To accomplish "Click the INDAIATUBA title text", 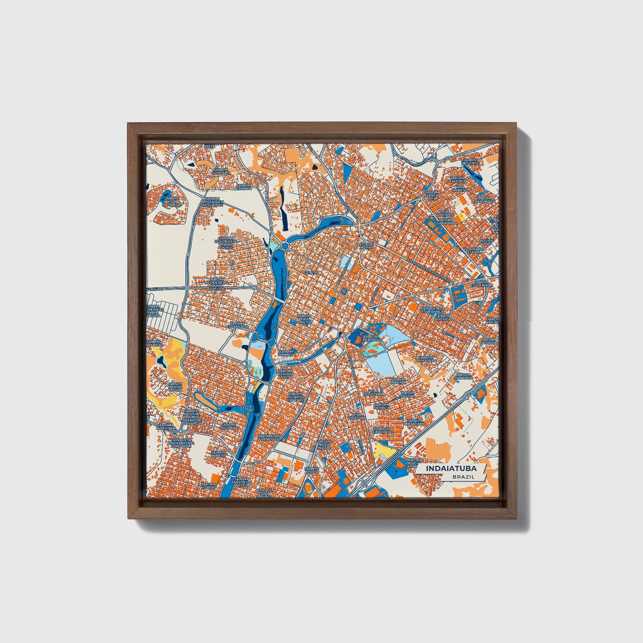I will pyautogui.click(x=451, y=469).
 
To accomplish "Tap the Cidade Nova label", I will pyautogui.click(x=366, y=246).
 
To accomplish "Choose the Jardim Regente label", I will pyautogui.click(x=469, y=162).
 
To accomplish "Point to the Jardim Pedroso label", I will pyautogui.click(x=372, y=339).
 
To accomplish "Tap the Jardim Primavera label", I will pyautogui.click(x=426, y=359).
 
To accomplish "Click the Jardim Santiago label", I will pyautogui.click(x=463, y=376).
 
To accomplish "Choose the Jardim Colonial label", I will pyautogui.click(x=228, y=426).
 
